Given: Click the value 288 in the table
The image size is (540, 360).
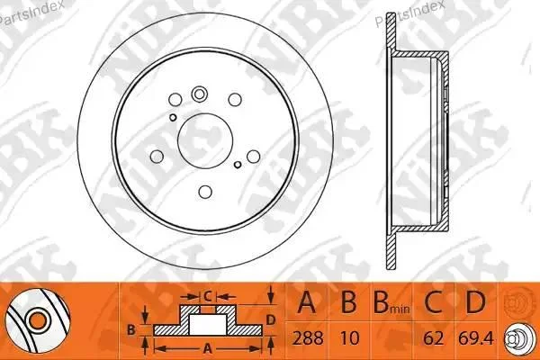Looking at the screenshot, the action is (308, 338).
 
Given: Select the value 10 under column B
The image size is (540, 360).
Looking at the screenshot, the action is (349, 338).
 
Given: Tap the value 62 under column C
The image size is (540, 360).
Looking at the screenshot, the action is (433, 338).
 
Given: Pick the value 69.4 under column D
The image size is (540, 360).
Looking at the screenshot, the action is (476, 338).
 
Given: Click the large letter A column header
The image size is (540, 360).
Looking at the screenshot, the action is (307, 301).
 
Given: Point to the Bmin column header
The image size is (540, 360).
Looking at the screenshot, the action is (391, 302).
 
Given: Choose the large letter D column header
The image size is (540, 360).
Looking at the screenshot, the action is (475, 301).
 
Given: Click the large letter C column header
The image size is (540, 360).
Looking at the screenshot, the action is (433, 301).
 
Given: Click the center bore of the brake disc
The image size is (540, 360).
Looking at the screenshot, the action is (205, 141).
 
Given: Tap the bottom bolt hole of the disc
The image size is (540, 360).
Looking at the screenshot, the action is (205, 192).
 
